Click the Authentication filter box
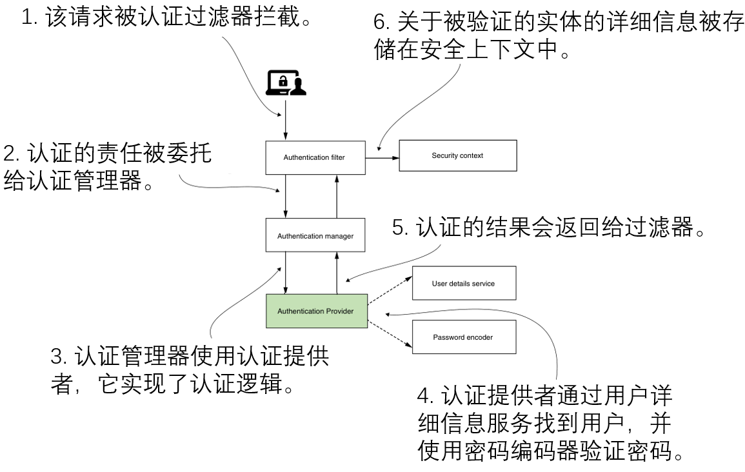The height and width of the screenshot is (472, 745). [315, 158]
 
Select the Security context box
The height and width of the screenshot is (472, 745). [457, 155]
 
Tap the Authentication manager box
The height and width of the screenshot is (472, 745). [315, 236]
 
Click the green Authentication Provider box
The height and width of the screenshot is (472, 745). [315, 311]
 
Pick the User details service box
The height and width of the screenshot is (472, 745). [464, 283]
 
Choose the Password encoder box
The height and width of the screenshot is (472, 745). [464, 337]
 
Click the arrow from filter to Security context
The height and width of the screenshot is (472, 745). [382, 157]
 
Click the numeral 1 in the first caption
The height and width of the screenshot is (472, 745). [26, 17]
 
